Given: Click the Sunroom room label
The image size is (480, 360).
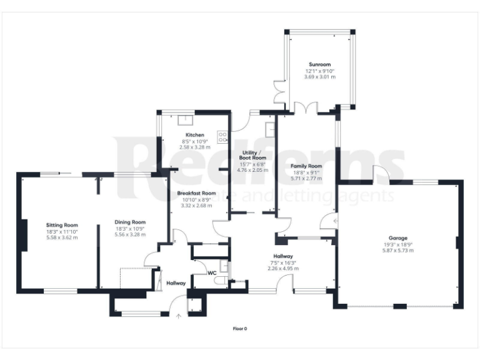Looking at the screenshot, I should click(319, 64).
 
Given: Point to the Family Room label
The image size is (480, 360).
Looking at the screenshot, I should click(306, 166).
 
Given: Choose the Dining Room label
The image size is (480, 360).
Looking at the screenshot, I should click(130, 222).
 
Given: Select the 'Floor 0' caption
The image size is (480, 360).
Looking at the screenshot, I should click(240, 327).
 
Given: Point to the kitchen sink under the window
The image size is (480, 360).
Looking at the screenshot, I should click(186, 121).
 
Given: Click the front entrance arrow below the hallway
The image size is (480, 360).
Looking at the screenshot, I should click(179, 316).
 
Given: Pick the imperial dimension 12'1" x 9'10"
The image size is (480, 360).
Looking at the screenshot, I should click(319, 71).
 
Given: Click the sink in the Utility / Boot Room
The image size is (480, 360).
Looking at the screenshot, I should click(270, 129).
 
